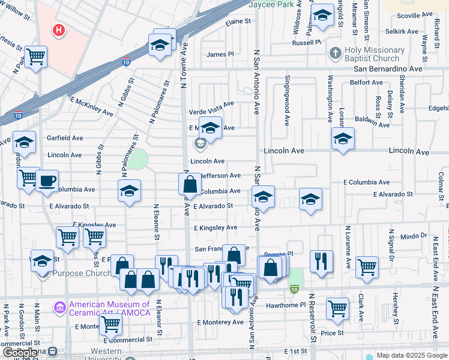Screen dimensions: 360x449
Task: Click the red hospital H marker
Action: click(x=59, y=29)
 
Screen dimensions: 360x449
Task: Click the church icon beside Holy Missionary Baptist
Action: click(x=335, y=53)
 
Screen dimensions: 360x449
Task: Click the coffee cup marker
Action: click(x=47, y=181)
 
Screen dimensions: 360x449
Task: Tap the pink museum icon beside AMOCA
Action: click(x=59, y=308)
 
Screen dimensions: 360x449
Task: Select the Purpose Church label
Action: click(x=81, y=274)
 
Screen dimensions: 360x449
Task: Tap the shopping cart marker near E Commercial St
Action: click(x=110, y=324)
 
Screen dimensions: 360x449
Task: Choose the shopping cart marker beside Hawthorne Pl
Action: click(x=338, y=308)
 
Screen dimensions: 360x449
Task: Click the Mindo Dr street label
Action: click(x=412, y=236)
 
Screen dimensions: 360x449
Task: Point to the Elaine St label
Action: click(x=238, y=21)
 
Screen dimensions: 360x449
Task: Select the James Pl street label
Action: click(x=220, y=55)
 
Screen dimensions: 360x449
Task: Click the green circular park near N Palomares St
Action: click(x=138, y=160)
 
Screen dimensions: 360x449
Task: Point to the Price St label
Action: click(x=332, y=332)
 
